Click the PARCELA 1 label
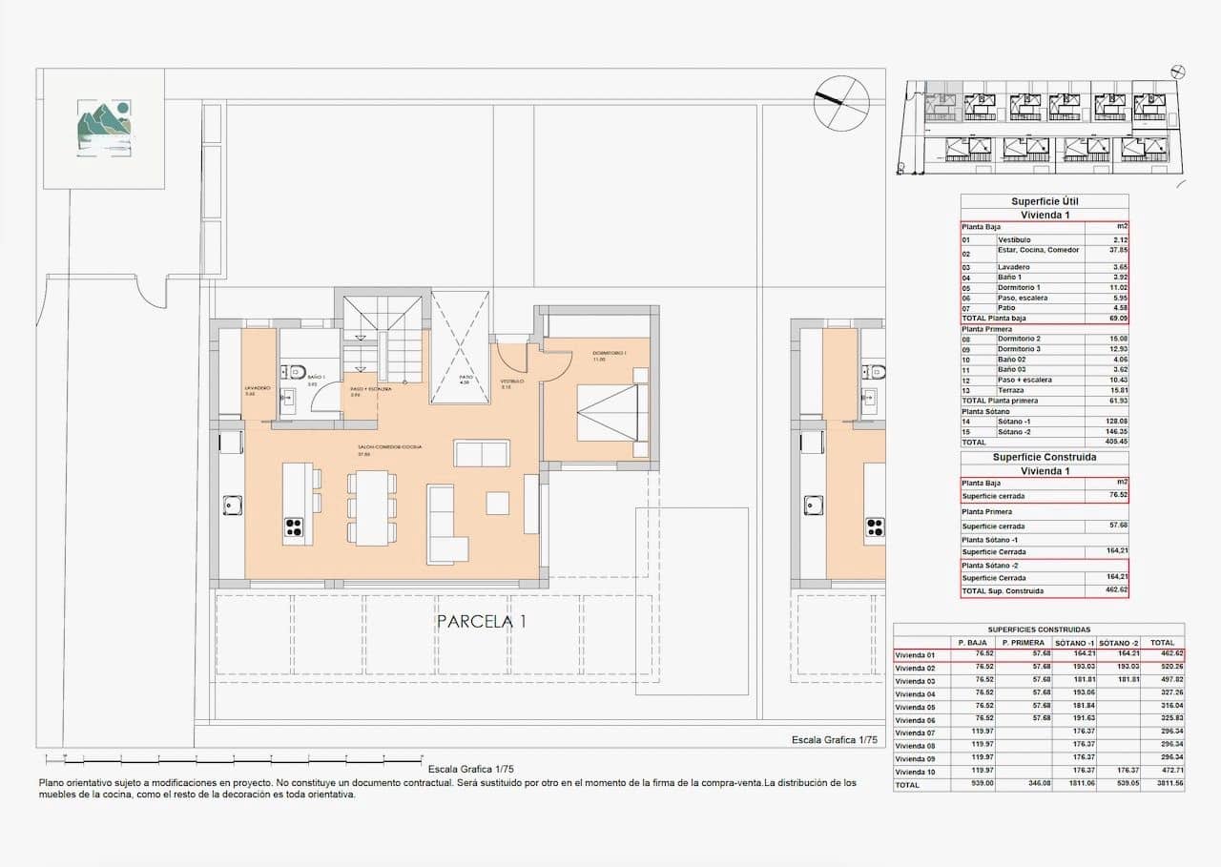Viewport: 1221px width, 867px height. click(x=482, y=622)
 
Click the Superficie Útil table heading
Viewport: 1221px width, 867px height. click(x=1045, y=201)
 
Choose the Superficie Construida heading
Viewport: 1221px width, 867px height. click(x=1045, y=457)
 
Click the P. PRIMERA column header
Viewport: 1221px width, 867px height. click(x=1024, y=643)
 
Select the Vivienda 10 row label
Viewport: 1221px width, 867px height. click(x=916, y=771)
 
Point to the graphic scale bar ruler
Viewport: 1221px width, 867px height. click(x=234, y=760)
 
